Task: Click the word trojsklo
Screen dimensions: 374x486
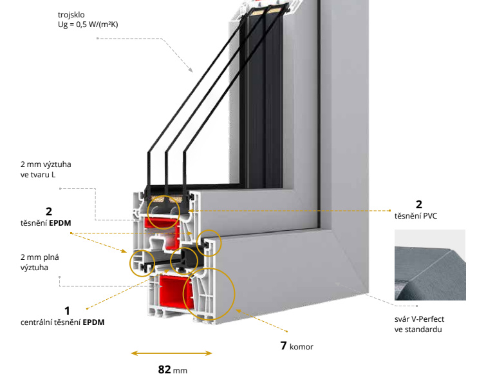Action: tap(70, 14)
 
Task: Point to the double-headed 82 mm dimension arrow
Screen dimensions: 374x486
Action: tap(171, 353)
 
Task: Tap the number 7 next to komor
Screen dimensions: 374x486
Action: tap(283, 346)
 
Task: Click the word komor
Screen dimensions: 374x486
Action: tap(301, 347)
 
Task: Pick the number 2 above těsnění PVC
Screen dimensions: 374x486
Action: tap(419, 205)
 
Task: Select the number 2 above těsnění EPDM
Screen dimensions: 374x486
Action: tap(48, 211)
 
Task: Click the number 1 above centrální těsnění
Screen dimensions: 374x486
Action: tap(66, 310)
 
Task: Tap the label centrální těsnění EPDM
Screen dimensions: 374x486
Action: tap(62, 321)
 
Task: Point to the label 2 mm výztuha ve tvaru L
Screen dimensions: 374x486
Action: tap(46, 170)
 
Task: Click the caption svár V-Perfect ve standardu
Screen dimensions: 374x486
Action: tap(419, 324)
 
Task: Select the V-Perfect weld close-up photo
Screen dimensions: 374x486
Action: tap(429, 265)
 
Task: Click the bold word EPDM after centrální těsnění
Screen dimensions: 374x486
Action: tap(93, 321)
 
